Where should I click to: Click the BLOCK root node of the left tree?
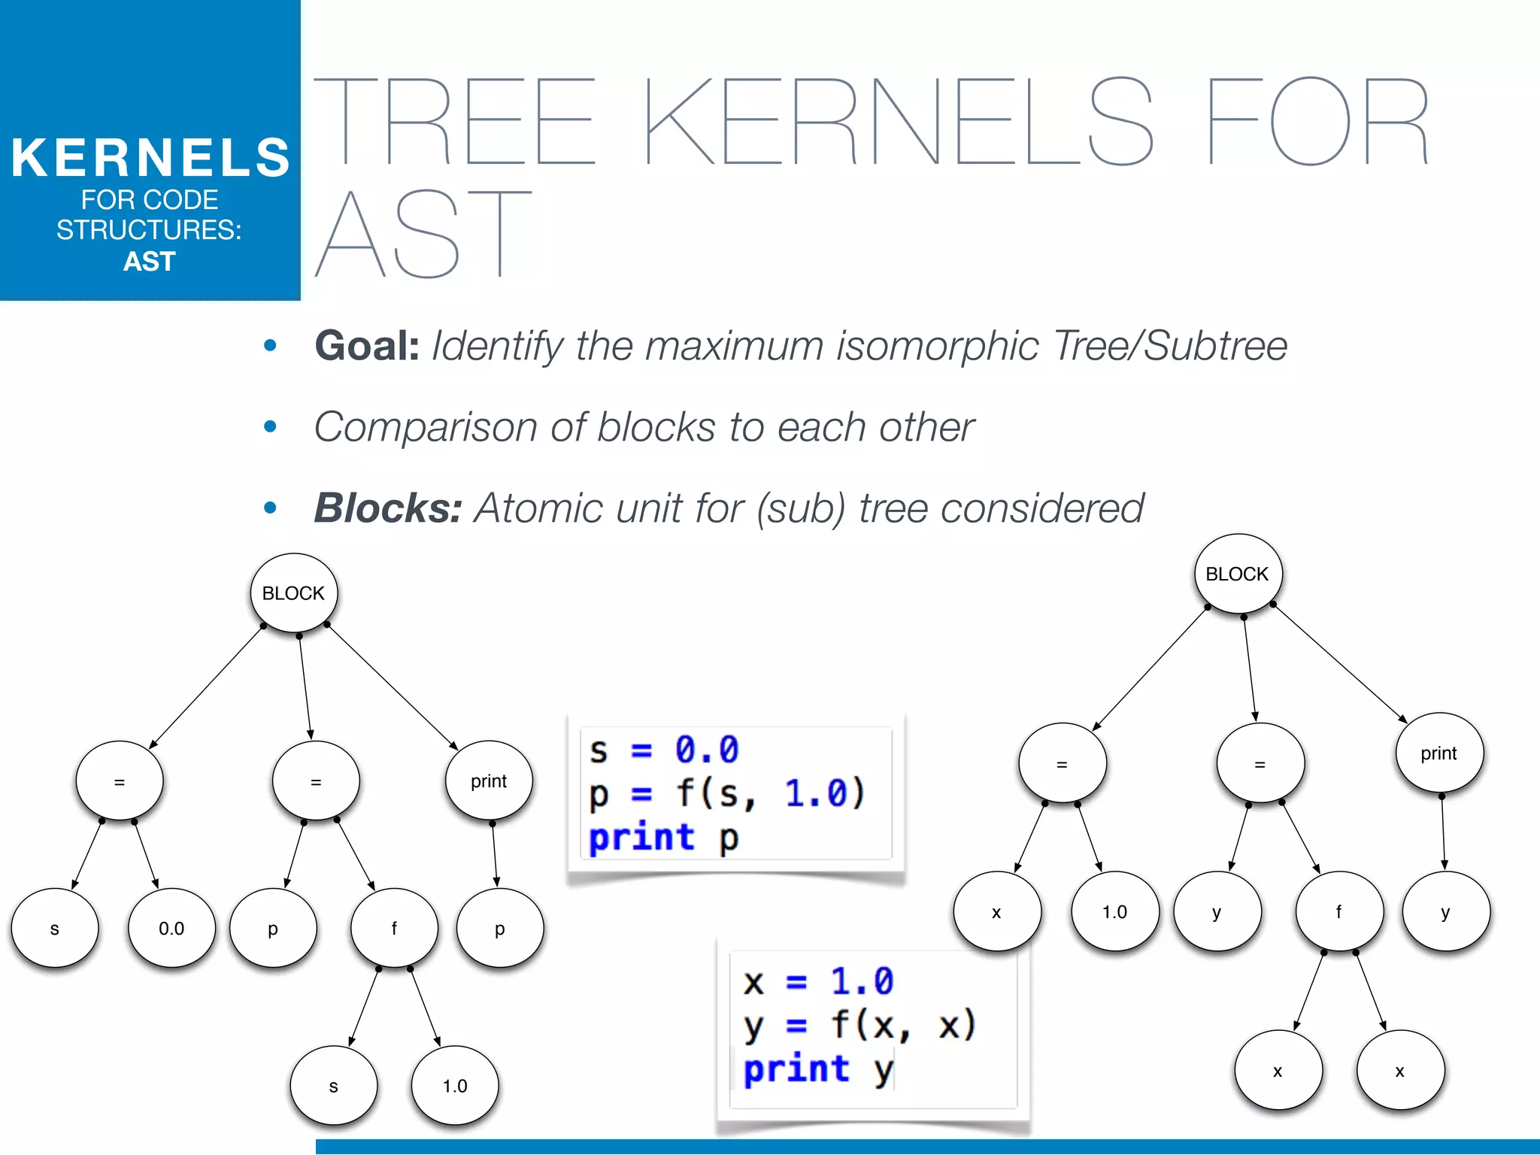pos(293,593)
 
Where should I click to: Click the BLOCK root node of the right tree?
pos(1237,574)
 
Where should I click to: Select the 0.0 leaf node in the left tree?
pos(171,929)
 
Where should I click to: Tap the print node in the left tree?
pos(489,781)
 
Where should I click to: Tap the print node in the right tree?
pos(1438,753)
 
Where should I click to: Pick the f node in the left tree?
pos(394,929)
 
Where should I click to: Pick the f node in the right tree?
pos(1338,912)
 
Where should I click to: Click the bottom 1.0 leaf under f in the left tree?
pos(454,1086)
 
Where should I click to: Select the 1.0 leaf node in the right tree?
pos(1114,912)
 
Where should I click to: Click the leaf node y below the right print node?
pos(1445,912)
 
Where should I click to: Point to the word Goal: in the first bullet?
pos(366,347)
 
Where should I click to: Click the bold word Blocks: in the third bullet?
pos(387,508)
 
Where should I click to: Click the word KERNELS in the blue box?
pos(150,158)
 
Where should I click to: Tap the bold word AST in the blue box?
pos(150,262)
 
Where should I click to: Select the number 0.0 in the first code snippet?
pos(706,750)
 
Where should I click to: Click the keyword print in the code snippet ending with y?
pos(796,1069)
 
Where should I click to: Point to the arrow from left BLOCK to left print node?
pos(391,686)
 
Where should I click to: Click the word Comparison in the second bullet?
pos(425,428)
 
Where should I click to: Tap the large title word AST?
pos(423,235)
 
